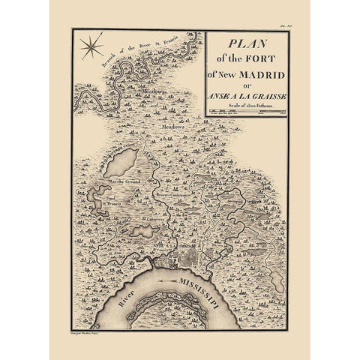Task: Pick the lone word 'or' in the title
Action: [x=244, y=82]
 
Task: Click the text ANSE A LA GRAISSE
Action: [x=245, y=94]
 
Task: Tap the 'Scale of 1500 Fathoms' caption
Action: [x=245, y=104]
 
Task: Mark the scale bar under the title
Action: [x=245, y=112]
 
